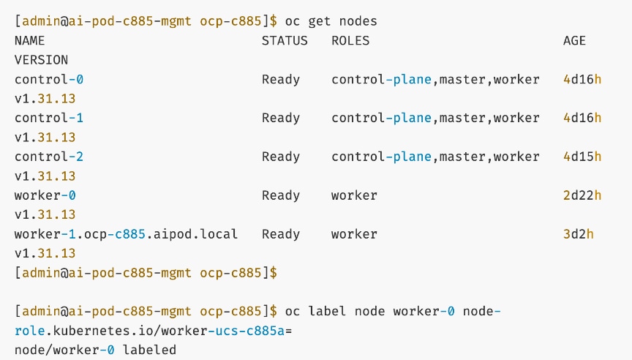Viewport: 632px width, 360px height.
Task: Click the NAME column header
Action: (x=29, y=41)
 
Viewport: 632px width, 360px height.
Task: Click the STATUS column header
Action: (x=285, y=41)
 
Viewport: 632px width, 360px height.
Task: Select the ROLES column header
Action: (x=350, y=41)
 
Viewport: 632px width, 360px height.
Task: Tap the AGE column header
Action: (x=574, y=41)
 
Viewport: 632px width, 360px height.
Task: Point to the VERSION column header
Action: (x=41, y=60)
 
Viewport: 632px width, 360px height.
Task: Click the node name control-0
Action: (x=45, y=79)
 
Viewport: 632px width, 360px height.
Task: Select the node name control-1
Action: (x=45, y=118)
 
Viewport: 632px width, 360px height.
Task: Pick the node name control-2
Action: (x=45, y=157)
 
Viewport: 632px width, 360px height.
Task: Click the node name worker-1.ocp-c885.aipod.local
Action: (x=126, y=234)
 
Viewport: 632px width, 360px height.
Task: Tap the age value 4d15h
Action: (x=582, y=157)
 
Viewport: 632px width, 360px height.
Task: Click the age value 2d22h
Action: (x=582, y=195)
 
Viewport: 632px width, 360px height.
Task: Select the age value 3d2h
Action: (x=578, y=234)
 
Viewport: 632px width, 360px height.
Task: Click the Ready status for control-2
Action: (x=281, y=157)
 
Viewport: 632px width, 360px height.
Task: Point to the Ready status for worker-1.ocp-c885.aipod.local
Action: (x=281, y=234)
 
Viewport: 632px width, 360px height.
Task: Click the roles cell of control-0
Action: (x=435, y=79)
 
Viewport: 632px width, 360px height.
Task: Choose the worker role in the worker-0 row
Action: (x=354, y=195)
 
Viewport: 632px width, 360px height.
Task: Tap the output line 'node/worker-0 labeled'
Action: (x=95, y=350)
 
